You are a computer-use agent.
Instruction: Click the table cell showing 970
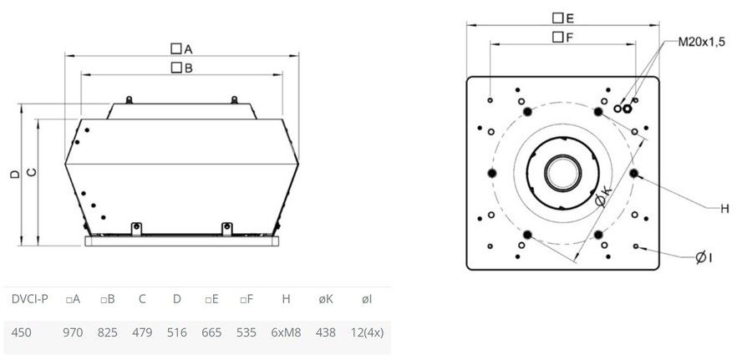[73, 332]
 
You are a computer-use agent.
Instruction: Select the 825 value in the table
[108, 332]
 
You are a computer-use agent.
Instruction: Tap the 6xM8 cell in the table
[286, 332]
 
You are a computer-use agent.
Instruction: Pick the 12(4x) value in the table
[367, 332]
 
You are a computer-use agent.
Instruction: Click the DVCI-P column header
[30, 300]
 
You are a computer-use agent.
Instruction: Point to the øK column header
[326, 300]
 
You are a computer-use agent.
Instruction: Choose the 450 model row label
[22, 332]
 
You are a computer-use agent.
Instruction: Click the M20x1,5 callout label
[701, 43]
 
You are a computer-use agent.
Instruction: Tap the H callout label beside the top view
[724, 209]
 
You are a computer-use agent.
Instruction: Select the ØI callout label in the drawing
[704, 258]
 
